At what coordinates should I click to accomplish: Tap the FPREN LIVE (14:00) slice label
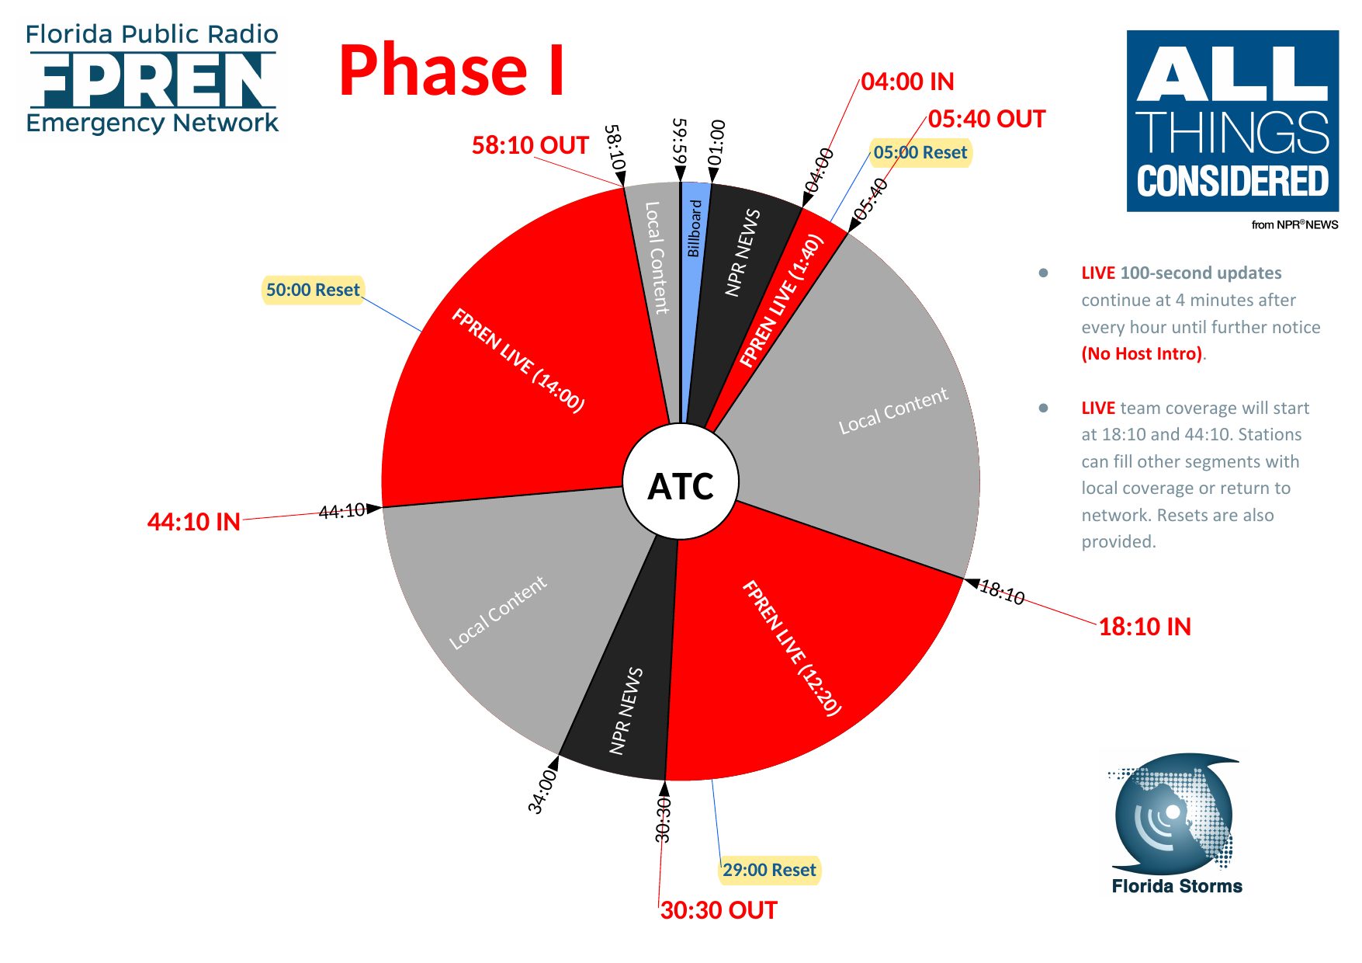click(x=518, y=360)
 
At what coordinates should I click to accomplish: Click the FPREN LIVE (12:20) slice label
click(x=791, y=648)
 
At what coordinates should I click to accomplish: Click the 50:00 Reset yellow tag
click(x=313, y=290)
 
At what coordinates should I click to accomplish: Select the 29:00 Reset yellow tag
click(x=769, y=870)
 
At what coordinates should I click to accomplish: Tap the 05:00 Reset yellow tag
click(x=920, y=152)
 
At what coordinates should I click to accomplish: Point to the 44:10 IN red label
click(x=194, y=522)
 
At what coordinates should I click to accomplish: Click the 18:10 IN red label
click(x=1145, y=627)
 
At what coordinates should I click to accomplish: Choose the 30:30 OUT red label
click(x=719, y=910)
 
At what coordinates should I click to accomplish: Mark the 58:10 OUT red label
click(x=530, y=145)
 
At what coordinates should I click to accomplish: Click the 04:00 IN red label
click(x=907, y=82)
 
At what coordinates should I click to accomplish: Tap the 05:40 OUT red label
click(x=986, y=119)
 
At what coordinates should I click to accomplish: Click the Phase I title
click(x=451, y=70)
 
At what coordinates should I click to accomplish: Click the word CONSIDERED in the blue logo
click(x=1232, y=181)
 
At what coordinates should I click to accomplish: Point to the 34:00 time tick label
click(x=542, y=791)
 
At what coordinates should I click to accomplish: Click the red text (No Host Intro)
click(x=1142, y=354)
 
